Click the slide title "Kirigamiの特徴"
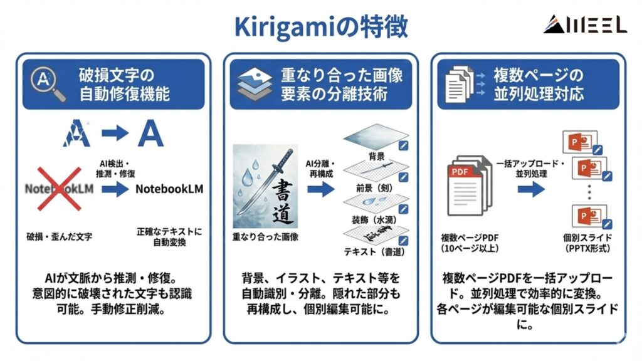320,26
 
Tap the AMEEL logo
584,24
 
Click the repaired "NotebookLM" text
169,188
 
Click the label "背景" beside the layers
376,154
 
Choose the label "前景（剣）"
376,187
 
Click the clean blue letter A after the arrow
150,133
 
